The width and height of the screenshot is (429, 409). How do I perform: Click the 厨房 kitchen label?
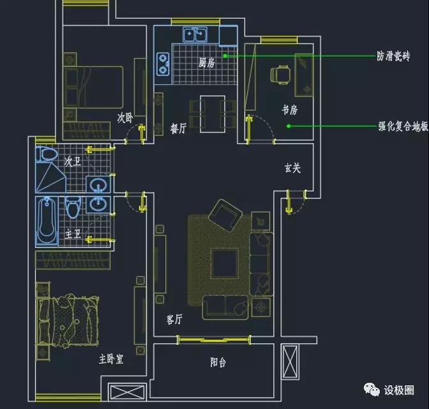click(x=207, y=63)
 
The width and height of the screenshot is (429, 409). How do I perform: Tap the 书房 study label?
click(x=290, y=110)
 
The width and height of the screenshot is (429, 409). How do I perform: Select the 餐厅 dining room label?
click(x=178, y=128)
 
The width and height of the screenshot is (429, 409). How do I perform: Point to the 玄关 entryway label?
click(x=293, y=168)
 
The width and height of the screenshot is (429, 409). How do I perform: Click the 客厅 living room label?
click(x=174, y=319)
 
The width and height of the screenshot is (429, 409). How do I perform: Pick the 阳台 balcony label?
click(x=218, y=362)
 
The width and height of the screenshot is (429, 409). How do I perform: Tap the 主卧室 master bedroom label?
click(x=111, y=359)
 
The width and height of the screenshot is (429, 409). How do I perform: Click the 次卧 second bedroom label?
click(x=125, y=118)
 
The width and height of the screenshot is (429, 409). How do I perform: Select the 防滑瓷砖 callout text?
click(x=393, y=56)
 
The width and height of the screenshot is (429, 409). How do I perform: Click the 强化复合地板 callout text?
click(x=403, y=126)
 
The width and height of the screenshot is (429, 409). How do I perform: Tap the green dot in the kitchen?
click(x=225, y=56)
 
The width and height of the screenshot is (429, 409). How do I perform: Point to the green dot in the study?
click(x=289, y=126)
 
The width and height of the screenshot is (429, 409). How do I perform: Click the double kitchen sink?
click(x=195, y=34)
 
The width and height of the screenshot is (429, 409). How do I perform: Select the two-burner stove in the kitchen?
click(x=163, y=64)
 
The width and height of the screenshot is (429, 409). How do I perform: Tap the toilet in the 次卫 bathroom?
click(x=47, y=154)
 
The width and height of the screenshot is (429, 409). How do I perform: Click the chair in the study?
click(x=280, y=75)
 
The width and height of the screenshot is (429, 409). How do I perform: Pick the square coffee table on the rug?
click(x=224, y=264)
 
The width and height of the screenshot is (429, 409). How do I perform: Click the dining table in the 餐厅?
click(x=213, y=114)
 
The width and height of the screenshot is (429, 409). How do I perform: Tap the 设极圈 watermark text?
click(x=399, y=390)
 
